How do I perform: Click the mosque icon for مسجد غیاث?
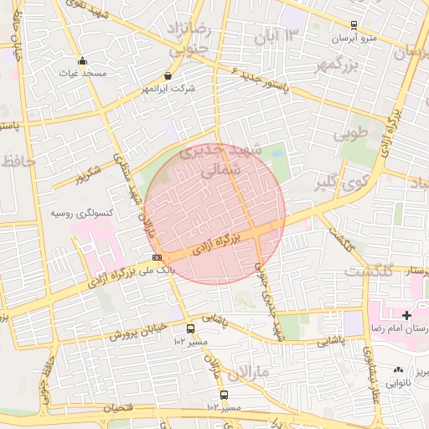82,61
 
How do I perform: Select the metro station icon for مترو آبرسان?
354,26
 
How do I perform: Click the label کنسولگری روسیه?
81,214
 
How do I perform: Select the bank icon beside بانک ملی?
157,257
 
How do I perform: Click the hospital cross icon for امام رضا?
407,316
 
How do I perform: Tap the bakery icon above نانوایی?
397,370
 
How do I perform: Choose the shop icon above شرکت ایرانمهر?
168,75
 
